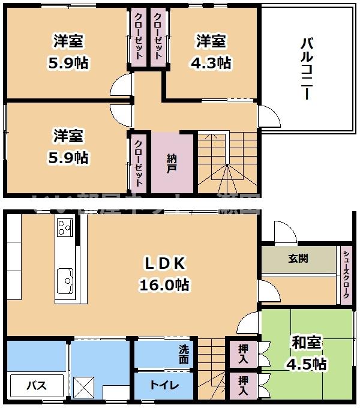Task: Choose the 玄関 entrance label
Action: click(298, 259)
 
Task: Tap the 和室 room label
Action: click(306, 343)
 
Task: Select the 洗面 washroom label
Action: click(184, 354)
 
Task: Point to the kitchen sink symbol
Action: click(65, 280)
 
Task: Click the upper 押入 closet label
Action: click(243, 355)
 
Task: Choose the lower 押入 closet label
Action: click(243, 385)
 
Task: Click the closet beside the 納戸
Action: click(138, 162)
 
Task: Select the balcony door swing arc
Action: click(269, 118)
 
